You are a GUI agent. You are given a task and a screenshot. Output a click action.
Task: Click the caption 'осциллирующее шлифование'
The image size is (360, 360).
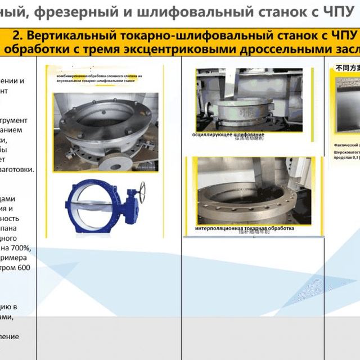[x=228, y=134]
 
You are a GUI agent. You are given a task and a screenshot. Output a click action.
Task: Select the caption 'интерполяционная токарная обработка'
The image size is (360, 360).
[x=245, y=229]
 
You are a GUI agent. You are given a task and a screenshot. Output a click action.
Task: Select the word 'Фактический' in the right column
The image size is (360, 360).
[x=347, y=145]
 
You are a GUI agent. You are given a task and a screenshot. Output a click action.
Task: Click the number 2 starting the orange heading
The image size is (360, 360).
[x=16, y=35]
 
